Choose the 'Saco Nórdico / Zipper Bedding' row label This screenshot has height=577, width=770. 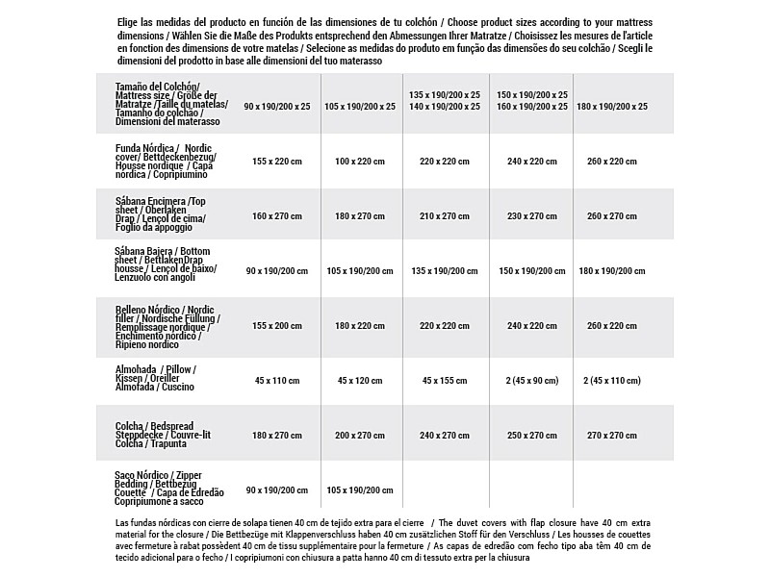(168, 489)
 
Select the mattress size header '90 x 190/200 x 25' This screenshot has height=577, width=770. (277, 106)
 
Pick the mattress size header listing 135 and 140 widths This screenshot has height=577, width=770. (444, 101)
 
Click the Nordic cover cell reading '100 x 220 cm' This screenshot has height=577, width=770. (360, 162)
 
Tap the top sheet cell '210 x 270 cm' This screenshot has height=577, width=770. (444, 216)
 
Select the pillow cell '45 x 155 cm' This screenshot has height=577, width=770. (444, 380)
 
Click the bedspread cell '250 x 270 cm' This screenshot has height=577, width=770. (531, 436)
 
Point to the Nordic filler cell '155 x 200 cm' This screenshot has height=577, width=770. (277, 326)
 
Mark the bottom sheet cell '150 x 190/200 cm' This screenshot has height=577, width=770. (531, 271)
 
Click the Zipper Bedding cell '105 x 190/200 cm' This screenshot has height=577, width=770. (360, 490)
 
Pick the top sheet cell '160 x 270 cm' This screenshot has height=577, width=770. (277, 216)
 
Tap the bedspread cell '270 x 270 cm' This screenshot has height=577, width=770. (611, 436)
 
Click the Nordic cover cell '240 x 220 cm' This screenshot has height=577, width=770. (531, 162)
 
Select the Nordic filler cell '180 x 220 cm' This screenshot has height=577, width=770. (360, 326)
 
